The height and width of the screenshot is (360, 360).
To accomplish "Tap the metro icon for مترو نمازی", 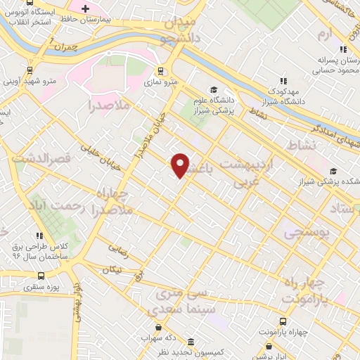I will coord(160,71).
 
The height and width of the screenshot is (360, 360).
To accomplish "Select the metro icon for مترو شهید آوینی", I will coord(30,70).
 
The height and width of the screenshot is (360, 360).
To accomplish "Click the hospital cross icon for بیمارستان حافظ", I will coord(85,9).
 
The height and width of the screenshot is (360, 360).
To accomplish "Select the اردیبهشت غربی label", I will coord(250,169).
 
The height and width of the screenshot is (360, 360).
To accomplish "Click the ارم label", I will coord(323,34).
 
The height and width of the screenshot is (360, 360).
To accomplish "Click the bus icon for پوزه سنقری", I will coord(41,276).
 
